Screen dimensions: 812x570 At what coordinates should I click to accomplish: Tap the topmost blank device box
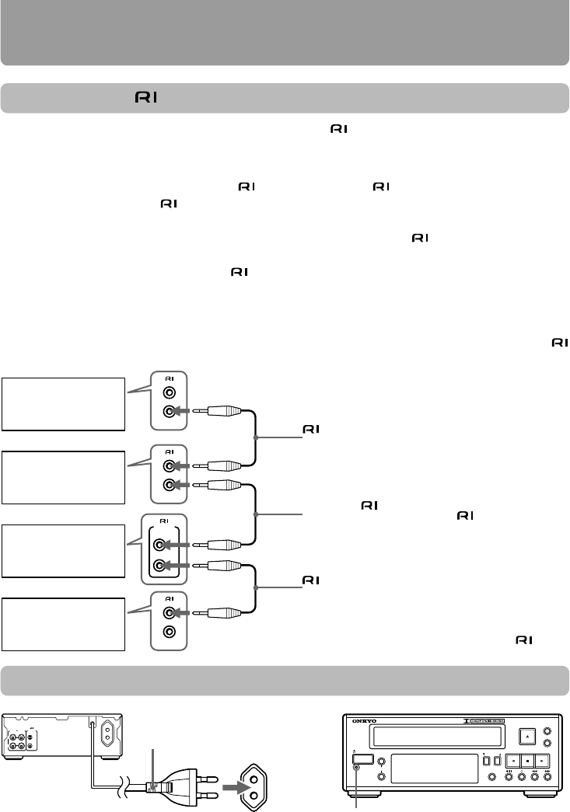click(x=64, y=404)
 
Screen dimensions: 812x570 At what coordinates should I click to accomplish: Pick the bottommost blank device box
click(x=64, y=624)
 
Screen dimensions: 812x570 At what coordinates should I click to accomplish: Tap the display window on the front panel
click(x=431, y=765)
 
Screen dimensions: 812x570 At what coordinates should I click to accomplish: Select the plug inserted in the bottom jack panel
click(x=226, y=612)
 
